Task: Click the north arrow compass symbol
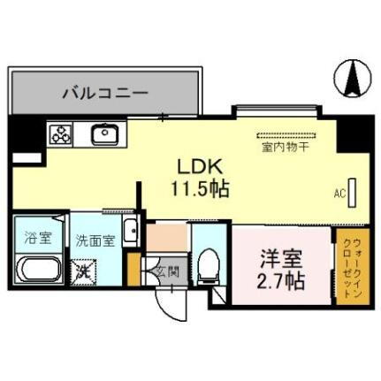353,79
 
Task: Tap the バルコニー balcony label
104,92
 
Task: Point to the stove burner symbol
61,134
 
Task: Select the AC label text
339,193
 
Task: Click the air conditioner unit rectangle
352,192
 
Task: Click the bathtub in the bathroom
37,269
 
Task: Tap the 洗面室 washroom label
94,239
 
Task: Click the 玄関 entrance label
168,271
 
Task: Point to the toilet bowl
210,264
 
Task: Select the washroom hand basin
130,233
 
